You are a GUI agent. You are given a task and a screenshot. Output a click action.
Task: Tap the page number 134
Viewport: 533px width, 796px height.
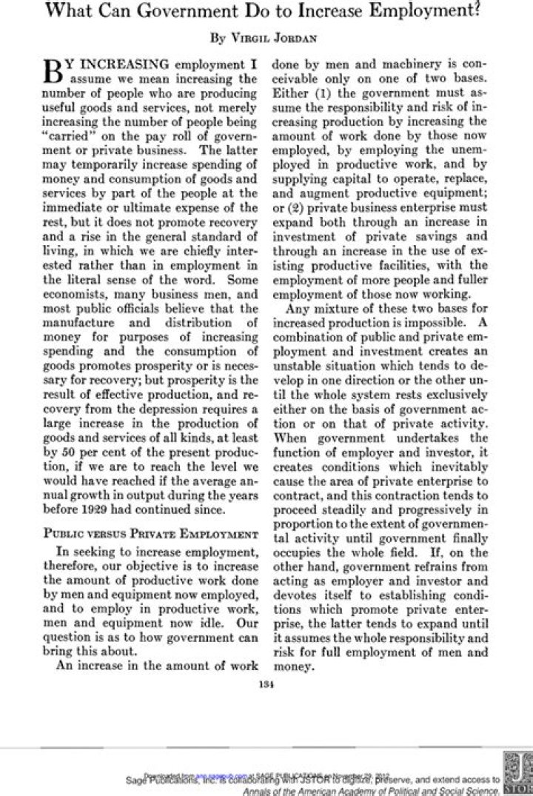click(x=266, y=683)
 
